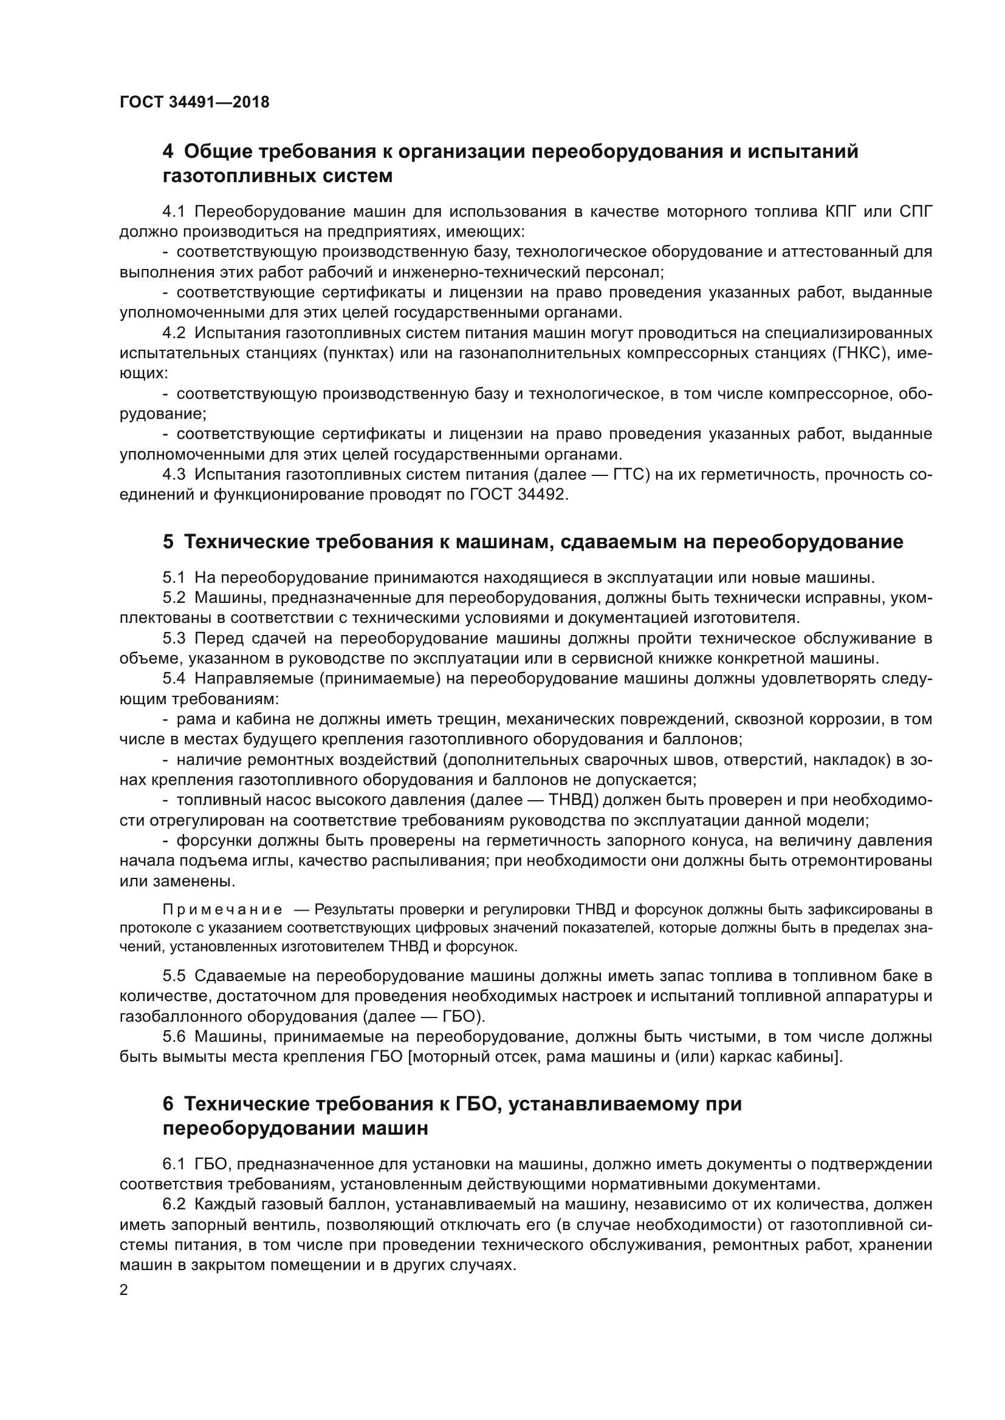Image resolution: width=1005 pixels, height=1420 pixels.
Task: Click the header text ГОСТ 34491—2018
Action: coord(194,103)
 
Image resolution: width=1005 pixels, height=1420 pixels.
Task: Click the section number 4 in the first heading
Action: coord(168,152)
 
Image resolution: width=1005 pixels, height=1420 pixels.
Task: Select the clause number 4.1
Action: coord(174,211)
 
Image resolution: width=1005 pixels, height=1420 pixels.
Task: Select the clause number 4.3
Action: coord(174,474)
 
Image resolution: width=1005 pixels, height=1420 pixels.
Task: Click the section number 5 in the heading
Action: coord(168,542)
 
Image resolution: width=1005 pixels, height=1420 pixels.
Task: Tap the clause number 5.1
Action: coord(174,577)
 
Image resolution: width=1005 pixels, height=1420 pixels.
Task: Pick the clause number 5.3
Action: coord(174,638)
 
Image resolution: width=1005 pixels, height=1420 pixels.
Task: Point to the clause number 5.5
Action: coord(174,976)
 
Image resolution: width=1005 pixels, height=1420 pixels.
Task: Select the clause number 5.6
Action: coord(174,1036)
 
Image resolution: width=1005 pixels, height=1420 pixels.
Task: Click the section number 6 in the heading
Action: coord(168,1104)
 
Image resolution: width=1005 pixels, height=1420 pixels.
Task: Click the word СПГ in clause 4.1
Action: coord(915,211)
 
